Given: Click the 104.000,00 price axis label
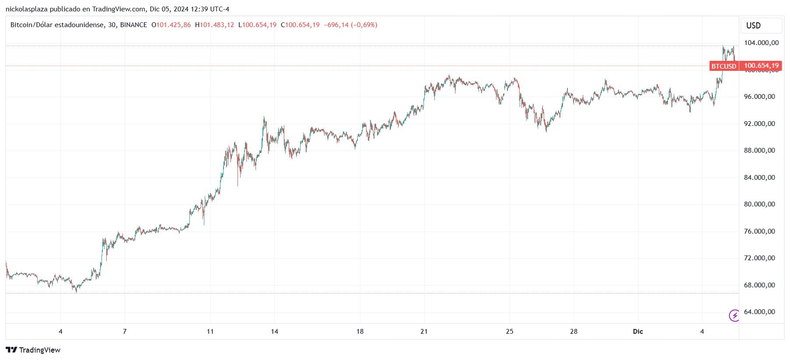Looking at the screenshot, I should [761, 43].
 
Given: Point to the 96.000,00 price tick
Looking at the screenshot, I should [759, 97].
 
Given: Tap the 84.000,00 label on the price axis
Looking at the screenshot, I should [759, 178].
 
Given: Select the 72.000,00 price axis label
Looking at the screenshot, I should [759, 258].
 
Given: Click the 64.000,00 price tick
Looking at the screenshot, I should [759, 312].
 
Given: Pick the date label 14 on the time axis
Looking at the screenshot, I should [274, 332].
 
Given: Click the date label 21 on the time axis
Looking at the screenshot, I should [424, 332].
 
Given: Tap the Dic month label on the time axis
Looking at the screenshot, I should [638, 332].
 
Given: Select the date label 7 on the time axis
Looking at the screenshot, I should [125, 332].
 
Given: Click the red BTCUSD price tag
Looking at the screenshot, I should [724, 66].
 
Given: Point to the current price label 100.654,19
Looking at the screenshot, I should [761, 66].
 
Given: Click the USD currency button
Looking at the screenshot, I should [753, 26].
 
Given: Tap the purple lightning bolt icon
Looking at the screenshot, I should [734, 315].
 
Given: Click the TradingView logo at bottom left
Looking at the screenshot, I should [33, 350].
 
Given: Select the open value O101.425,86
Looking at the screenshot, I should [171, 25].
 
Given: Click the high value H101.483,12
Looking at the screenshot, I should [214, 25].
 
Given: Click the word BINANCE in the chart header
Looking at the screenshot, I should [133, 25].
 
